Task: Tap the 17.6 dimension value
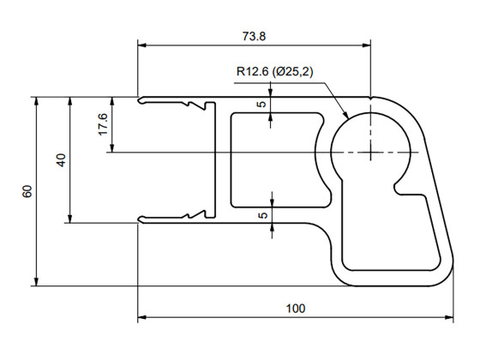click(103, 124)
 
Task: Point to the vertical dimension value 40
click(60, 160)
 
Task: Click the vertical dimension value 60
click(27, 191)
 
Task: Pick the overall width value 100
click(295, 308)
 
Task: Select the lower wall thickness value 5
click(262, 215)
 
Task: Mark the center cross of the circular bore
click(370, 153)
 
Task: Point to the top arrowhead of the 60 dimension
click(36, 100)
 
